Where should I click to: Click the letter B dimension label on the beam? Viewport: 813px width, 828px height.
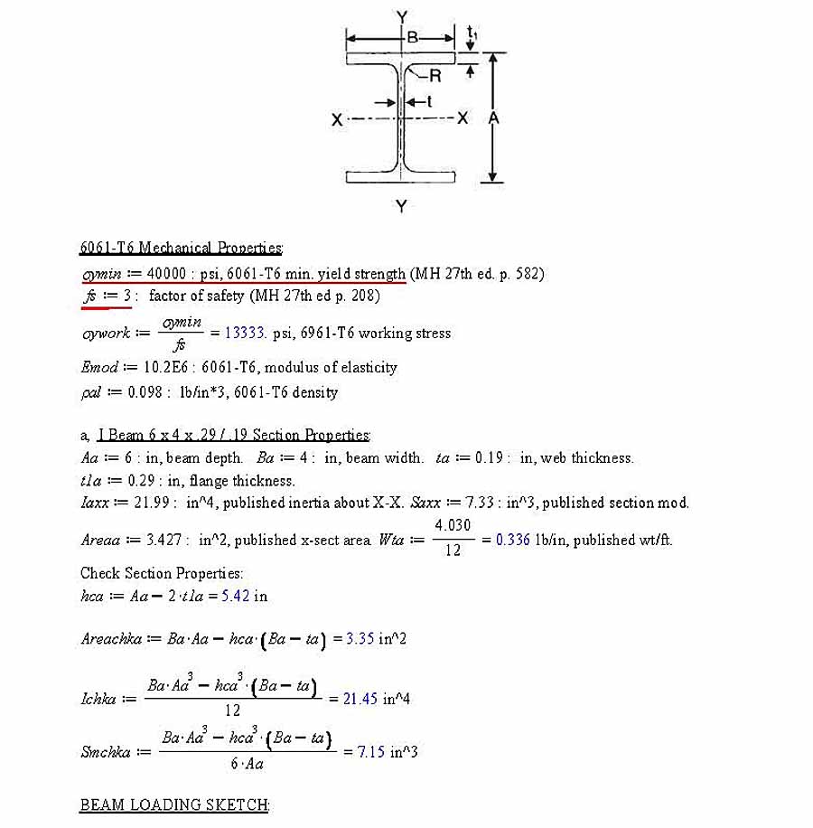(x=412, y=38)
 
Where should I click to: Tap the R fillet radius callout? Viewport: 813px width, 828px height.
(x=435, y=76)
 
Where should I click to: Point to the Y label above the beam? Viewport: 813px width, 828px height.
(x=401, y=15)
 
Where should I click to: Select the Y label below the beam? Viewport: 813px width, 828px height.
(x=401, y=207)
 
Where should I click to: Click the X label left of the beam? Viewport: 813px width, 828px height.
(x=337, y=119)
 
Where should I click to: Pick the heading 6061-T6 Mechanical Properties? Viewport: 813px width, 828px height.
(x=181, y=248)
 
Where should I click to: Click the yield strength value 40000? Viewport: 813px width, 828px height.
(x=166, y=274)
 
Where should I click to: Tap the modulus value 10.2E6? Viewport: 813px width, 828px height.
(x=166, y=368)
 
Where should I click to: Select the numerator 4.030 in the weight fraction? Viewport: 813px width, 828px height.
(x=453, y=526)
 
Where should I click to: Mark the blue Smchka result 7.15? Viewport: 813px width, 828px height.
(x=370, y=752)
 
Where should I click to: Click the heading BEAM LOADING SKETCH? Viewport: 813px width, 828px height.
(x=174, y=805)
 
